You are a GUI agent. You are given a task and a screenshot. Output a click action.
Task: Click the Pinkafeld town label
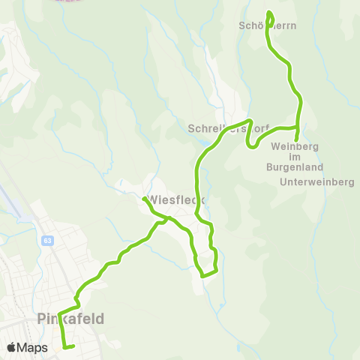point(70,319)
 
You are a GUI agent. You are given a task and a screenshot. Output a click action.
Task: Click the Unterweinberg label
point(316,182)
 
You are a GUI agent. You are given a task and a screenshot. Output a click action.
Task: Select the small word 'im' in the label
point(294,156)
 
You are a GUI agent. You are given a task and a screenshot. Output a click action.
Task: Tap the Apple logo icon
point(11,347)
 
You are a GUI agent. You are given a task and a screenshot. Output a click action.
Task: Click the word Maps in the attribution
point(33,347)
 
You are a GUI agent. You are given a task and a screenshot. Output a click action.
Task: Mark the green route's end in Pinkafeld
point(73,346)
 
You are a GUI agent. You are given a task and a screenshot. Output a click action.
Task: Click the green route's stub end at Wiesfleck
point(143,199)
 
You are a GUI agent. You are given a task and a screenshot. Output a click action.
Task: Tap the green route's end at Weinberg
point(297,139)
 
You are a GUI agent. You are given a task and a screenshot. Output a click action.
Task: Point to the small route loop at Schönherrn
point(269,16)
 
